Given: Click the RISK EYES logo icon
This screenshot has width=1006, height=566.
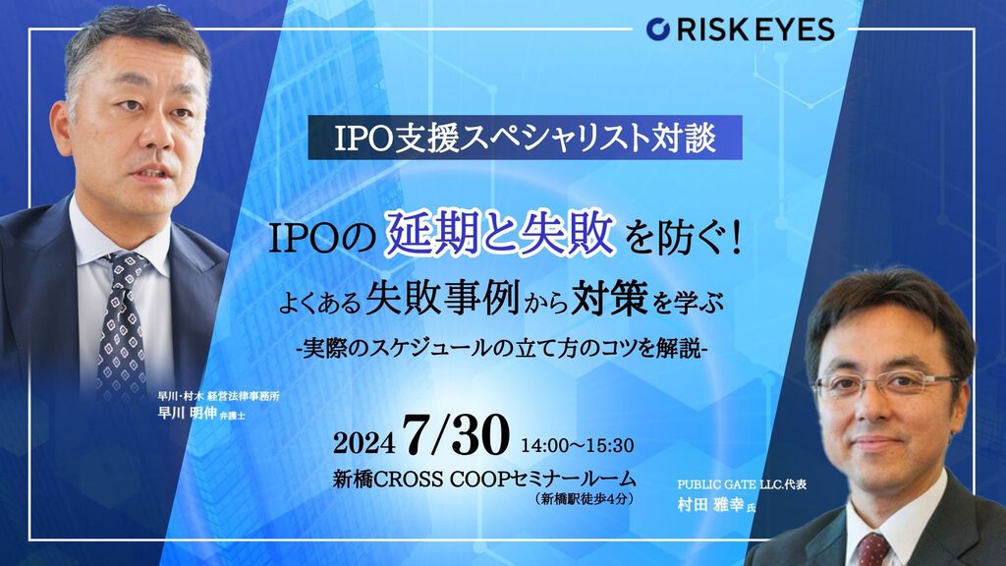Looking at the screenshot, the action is [x=657, y=28].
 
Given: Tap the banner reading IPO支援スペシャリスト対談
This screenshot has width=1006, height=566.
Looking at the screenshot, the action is [x=525, y=138].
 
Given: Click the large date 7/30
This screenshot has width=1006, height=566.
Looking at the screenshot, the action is [x=457, y=435].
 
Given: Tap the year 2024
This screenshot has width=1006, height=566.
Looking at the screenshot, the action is [x=363, y=442].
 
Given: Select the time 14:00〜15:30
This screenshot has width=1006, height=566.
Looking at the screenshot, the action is [x=578, y=445].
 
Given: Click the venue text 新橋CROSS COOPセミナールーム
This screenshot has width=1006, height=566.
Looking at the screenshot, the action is [x=484, y=479].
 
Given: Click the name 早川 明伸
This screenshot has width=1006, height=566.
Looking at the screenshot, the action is [x=188, y=413].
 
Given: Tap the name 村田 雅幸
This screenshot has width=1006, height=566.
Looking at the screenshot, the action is [x=710, y=504].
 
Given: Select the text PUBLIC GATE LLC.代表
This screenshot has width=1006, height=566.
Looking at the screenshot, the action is [x=742, y=484].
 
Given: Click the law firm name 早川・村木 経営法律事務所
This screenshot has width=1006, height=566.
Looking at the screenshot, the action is [x=218, y=396].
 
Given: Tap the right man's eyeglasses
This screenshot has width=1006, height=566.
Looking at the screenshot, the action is [x=887, y=384].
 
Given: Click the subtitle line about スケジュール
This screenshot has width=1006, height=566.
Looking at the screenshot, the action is [x=501, y=348].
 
